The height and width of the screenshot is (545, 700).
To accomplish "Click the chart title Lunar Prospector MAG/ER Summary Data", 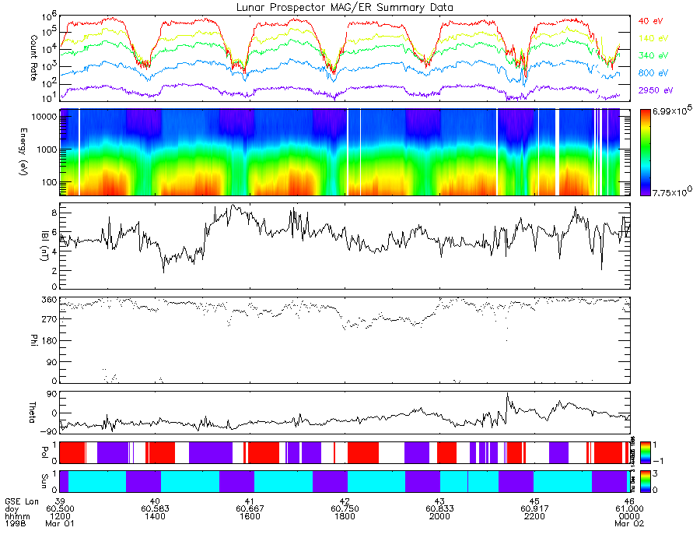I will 345,7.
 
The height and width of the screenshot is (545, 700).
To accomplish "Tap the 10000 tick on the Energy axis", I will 40,116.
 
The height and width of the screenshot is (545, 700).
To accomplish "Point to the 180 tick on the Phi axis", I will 47,340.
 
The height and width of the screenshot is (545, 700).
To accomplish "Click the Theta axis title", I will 14,412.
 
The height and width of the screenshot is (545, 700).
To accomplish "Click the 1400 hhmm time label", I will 156,516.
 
